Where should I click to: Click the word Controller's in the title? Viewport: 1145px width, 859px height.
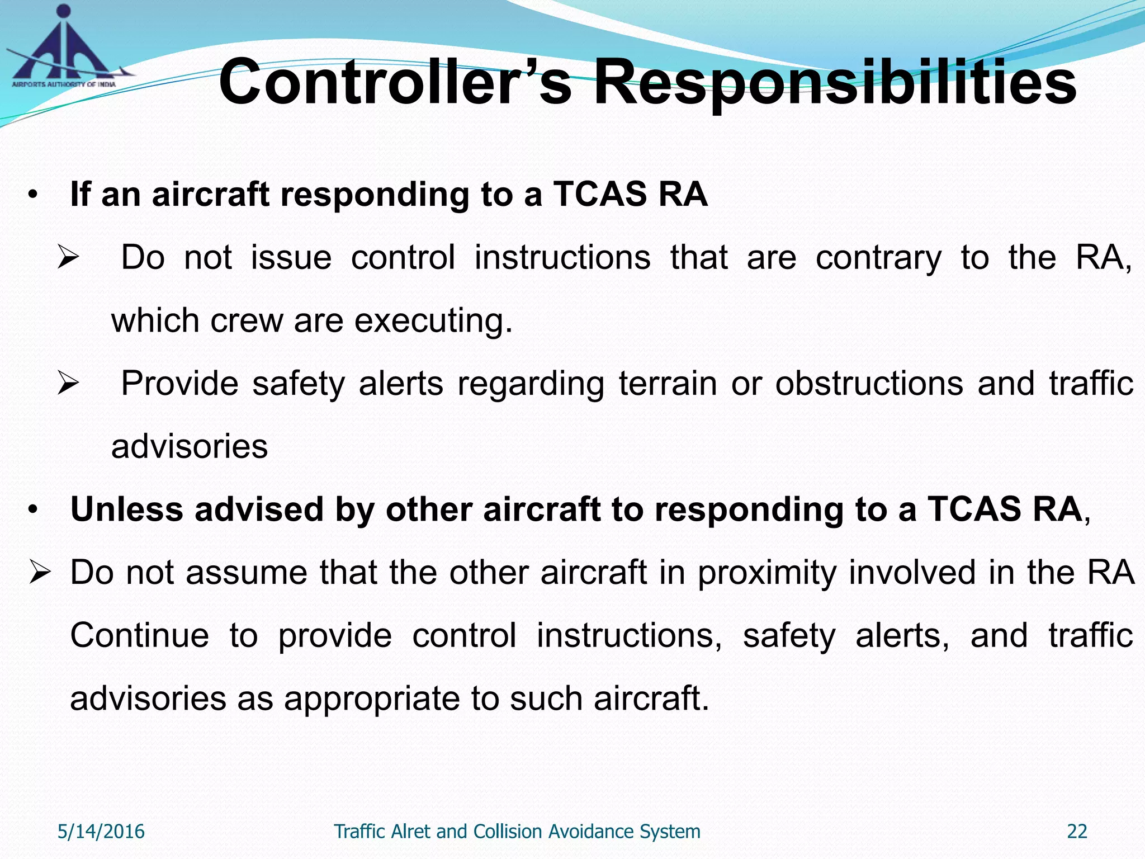pos(395,83)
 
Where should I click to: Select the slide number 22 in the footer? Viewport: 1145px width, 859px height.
pos(1077,832)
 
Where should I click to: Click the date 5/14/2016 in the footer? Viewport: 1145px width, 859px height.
pos(101,832)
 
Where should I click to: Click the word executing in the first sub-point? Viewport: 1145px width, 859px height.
pos(433,321)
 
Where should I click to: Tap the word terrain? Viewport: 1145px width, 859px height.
pos(668,384)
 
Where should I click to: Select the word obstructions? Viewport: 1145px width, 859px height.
pos(869,384)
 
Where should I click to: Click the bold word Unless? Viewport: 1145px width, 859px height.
pos(126,509)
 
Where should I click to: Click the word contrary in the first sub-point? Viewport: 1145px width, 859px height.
pos(878,258)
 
